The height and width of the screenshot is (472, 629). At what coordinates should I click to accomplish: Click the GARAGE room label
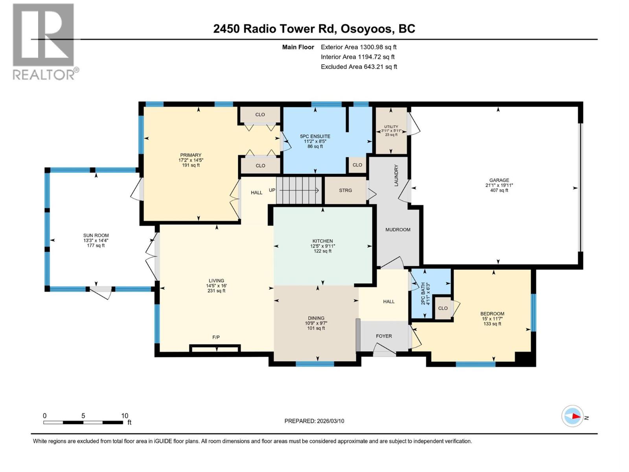pos(499,180)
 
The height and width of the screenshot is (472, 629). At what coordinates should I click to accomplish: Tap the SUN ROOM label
pos(96,236)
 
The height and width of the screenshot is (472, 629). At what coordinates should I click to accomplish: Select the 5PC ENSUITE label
pos(315,136)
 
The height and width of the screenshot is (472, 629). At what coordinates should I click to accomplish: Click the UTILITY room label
pos(391,127)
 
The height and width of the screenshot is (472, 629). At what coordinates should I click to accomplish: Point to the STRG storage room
pos(346,190)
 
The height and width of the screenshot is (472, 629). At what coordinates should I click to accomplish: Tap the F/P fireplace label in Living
pos(216,337)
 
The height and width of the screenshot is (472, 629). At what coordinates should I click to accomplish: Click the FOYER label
pos(384,336)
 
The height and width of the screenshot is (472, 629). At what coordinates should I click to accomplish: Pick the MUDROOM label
pos(398,230)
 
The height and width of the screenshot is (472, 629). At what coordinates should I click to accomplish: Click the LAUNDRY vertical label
pos(396,175)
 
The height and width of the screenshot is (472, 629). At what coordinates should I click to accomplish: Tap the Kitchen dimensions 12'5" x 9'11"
pos(322,246)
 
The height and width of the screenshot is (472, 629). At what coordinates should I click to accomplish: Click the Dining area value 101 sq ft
pos(316,328)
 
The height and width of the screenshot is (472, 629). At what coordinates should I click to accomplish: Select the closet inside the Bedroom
pos(443,308)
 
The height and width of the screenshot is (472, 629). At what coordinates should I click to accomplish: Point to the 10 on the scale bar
pos(125,416)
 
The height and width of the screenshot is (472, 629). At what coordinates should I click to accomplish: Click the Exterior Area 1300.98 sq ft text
pos(359,47)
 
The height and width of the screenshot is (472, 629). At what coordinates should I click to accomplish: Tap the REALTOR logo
pos(44,41)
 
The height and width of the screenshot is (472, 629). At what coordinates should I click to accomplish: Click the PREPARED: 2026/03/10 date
pos(314,421)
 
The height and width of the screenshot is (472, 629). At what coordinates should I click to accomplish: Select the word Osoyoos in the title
pos(366,29)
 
